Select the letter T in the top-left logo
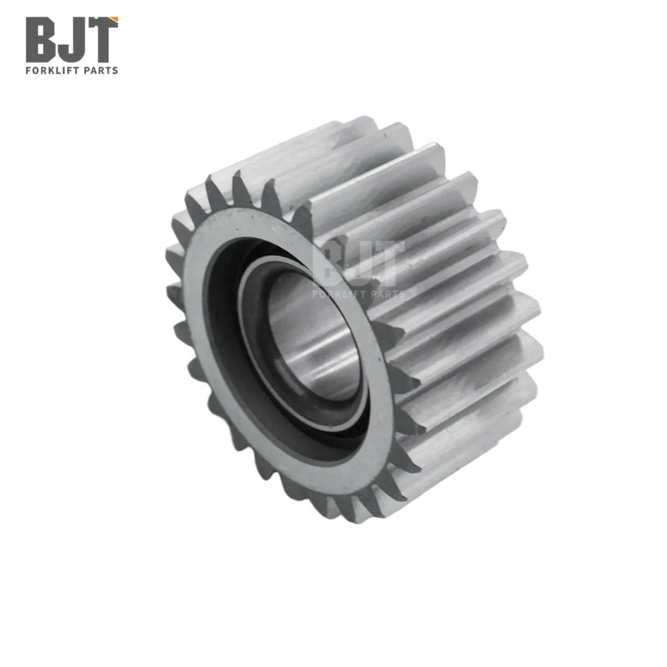click(x=101, y=40)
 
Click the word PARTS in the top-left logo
click(x=101, y=71)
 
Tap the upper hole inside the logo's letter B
click(x=41, y=31)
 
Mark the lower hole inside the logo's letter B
click(x=41, y=49)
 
